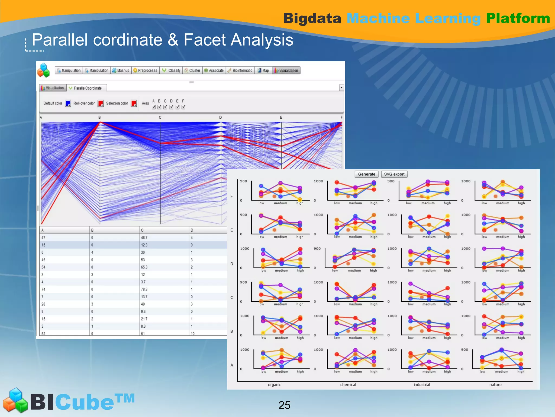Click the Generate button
pos(366,174)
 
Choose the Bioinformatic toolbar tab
pos(240,71)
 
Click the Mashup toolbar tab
pos(121,71)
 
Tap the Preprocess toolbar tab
pos(145,71)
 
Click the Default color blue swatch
pos(68,103)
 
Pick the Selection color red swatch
pos(134,103)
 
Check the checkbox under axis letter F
pos(183,107)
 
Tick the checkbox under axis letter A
pos(154,107)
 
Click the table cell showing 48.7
pos(144,238)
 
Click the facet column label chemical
pos(348,385)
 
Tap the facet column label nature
pos(495,385)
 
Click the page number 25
pos(284,405)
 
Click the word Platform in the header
pos(518,18)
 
